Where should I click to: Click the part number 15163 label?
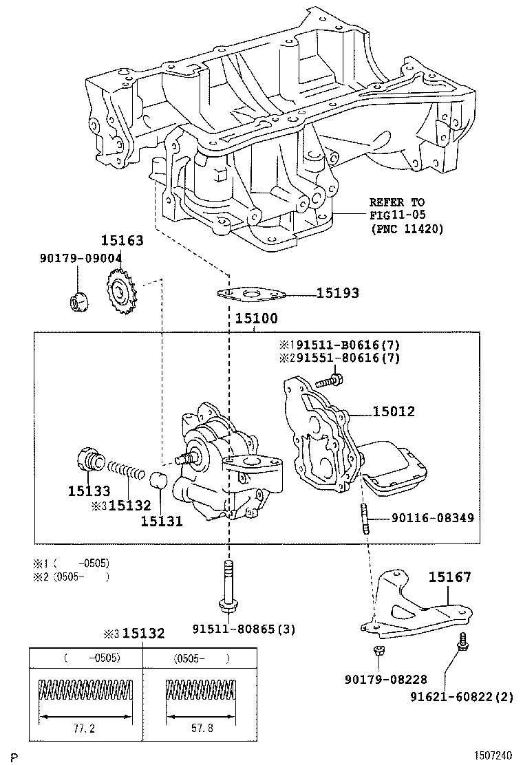pos(122,240)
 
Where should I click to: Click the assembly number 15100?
pos(256,319)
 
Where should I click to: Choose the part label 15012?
pos(394,411)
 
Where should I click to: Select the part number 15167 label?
pos(450,577)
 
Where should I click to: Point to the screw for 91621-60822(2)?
pos(462,641)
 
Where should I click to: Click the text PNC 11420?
pos(407,228)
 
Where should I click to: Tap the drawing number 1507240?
pos(493,755)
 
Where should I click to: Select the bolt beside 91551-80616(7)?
pos(329,380)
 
